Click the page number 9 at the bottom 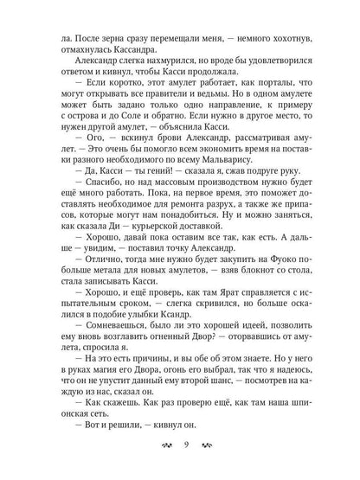coord(180,447)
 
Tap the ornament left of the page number coord(158,447)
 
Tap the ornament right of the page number coord(202,447)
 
